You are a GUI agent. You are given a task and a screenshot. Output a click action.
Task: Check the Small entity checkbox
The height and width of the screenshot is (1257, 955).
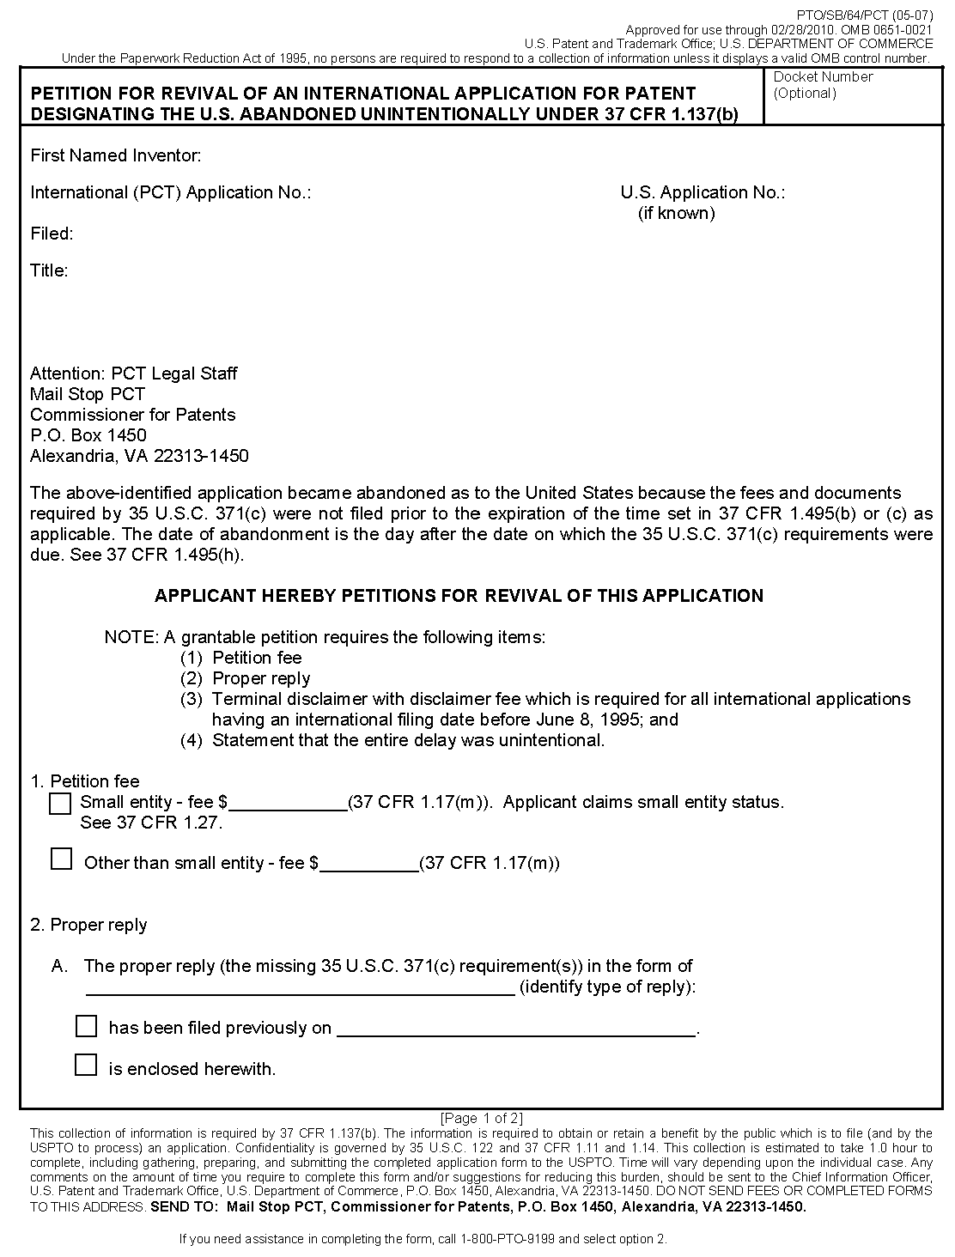point(60,804)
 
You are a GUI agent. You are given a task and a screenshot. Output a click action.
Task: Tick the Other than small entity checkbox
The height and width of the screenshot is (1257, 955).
point(61,859)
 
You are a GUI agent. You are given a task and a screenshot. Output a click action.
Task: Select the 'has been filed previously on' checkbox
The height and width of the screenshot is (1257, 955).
point(86,1026)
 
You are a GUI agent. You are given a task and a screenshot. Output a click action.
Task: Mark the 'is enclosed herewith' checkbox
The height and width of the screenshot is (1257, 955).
point(86,1066)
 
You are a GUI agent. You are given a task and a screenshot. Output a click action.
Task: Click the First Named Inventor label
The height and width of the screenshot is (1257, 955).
point(116,155)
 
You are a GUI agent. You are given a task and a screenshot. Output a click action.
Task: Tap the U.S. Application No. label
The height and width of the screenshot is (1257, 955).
point(703,192)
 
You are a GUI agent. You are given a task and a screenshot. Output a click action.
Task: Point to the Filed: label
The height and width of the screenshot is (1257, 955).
point(52,234)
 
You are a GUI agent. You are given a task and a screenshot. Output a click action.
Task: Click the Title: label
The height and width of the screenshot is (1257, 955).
point(49,271)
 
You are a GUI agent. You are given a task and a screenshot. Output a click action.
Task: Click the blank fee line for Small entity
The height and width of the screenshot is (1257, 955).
point(288,803)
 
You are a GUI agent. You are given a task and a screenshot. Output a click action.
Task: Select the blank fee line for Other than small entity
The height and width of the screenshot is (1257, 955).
point(369,864)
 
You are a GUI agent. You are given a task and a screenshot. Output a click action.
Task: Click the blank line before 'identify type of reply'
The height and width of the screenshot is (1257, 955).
point(300,987)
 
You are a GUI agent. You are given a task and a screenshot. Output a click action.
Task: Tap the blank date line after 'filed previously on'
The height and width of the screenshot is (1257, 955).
point(515,1029)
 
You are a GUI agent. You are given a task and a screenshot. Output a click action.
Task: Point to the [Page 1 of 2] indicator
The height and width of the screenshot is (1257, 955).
point(481,1118)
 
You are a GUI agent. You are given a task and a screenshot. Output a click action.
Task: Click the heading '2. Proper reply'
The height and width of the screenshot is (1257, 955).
point(88,925)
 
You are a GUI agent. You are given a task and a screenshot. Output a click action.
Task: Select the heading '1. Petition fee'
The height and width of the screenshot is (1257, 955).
point(85,781)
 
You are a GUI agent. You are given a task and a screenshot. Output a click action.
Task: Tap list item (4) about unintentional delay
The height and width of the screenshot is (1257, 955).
point(392,740)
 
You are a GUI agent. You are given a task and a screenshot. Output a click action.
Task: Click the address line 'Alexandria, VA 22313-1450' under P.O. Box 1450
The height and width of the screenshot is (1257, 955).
point(139,456)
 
